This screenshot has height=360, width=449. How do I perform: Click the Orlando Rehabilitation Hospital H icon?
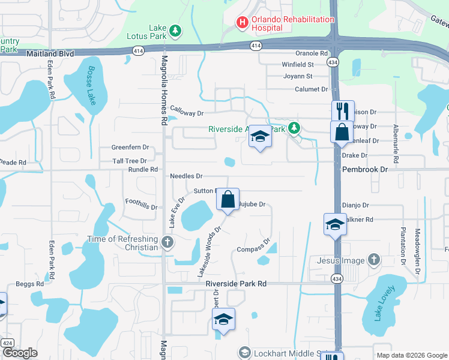click(243, 23)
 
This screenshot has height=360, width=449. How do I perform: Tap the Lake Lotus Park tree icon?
click(175, 30)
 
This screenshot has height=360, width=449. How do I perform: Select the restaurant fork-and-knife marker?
click(343, 110)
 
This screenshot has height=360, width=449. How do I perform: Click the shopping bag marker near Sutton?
click(228, 199)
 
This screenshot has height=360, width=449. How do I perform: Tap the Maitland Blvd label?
click(50, 53)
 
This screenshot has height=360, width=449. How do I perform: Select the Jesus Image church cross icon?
click(374, 260)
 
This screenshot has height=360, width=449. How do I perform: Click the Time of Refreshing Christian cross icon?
click(167, 242)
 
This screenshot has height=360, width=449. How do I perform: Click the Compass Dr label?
click(251, 250)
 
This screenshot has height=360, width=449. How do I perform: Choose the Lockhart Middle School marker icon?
click(244, 352)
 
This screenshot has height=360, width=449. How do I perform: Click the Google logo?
click(20, 353)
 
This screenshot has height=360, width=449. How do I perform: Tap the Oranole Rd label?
click(311, 53)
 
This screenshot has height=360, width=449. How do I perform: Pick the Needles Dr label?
click(187, 176)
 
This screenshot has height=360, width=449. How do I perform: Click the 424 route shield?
click(7, 343)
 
